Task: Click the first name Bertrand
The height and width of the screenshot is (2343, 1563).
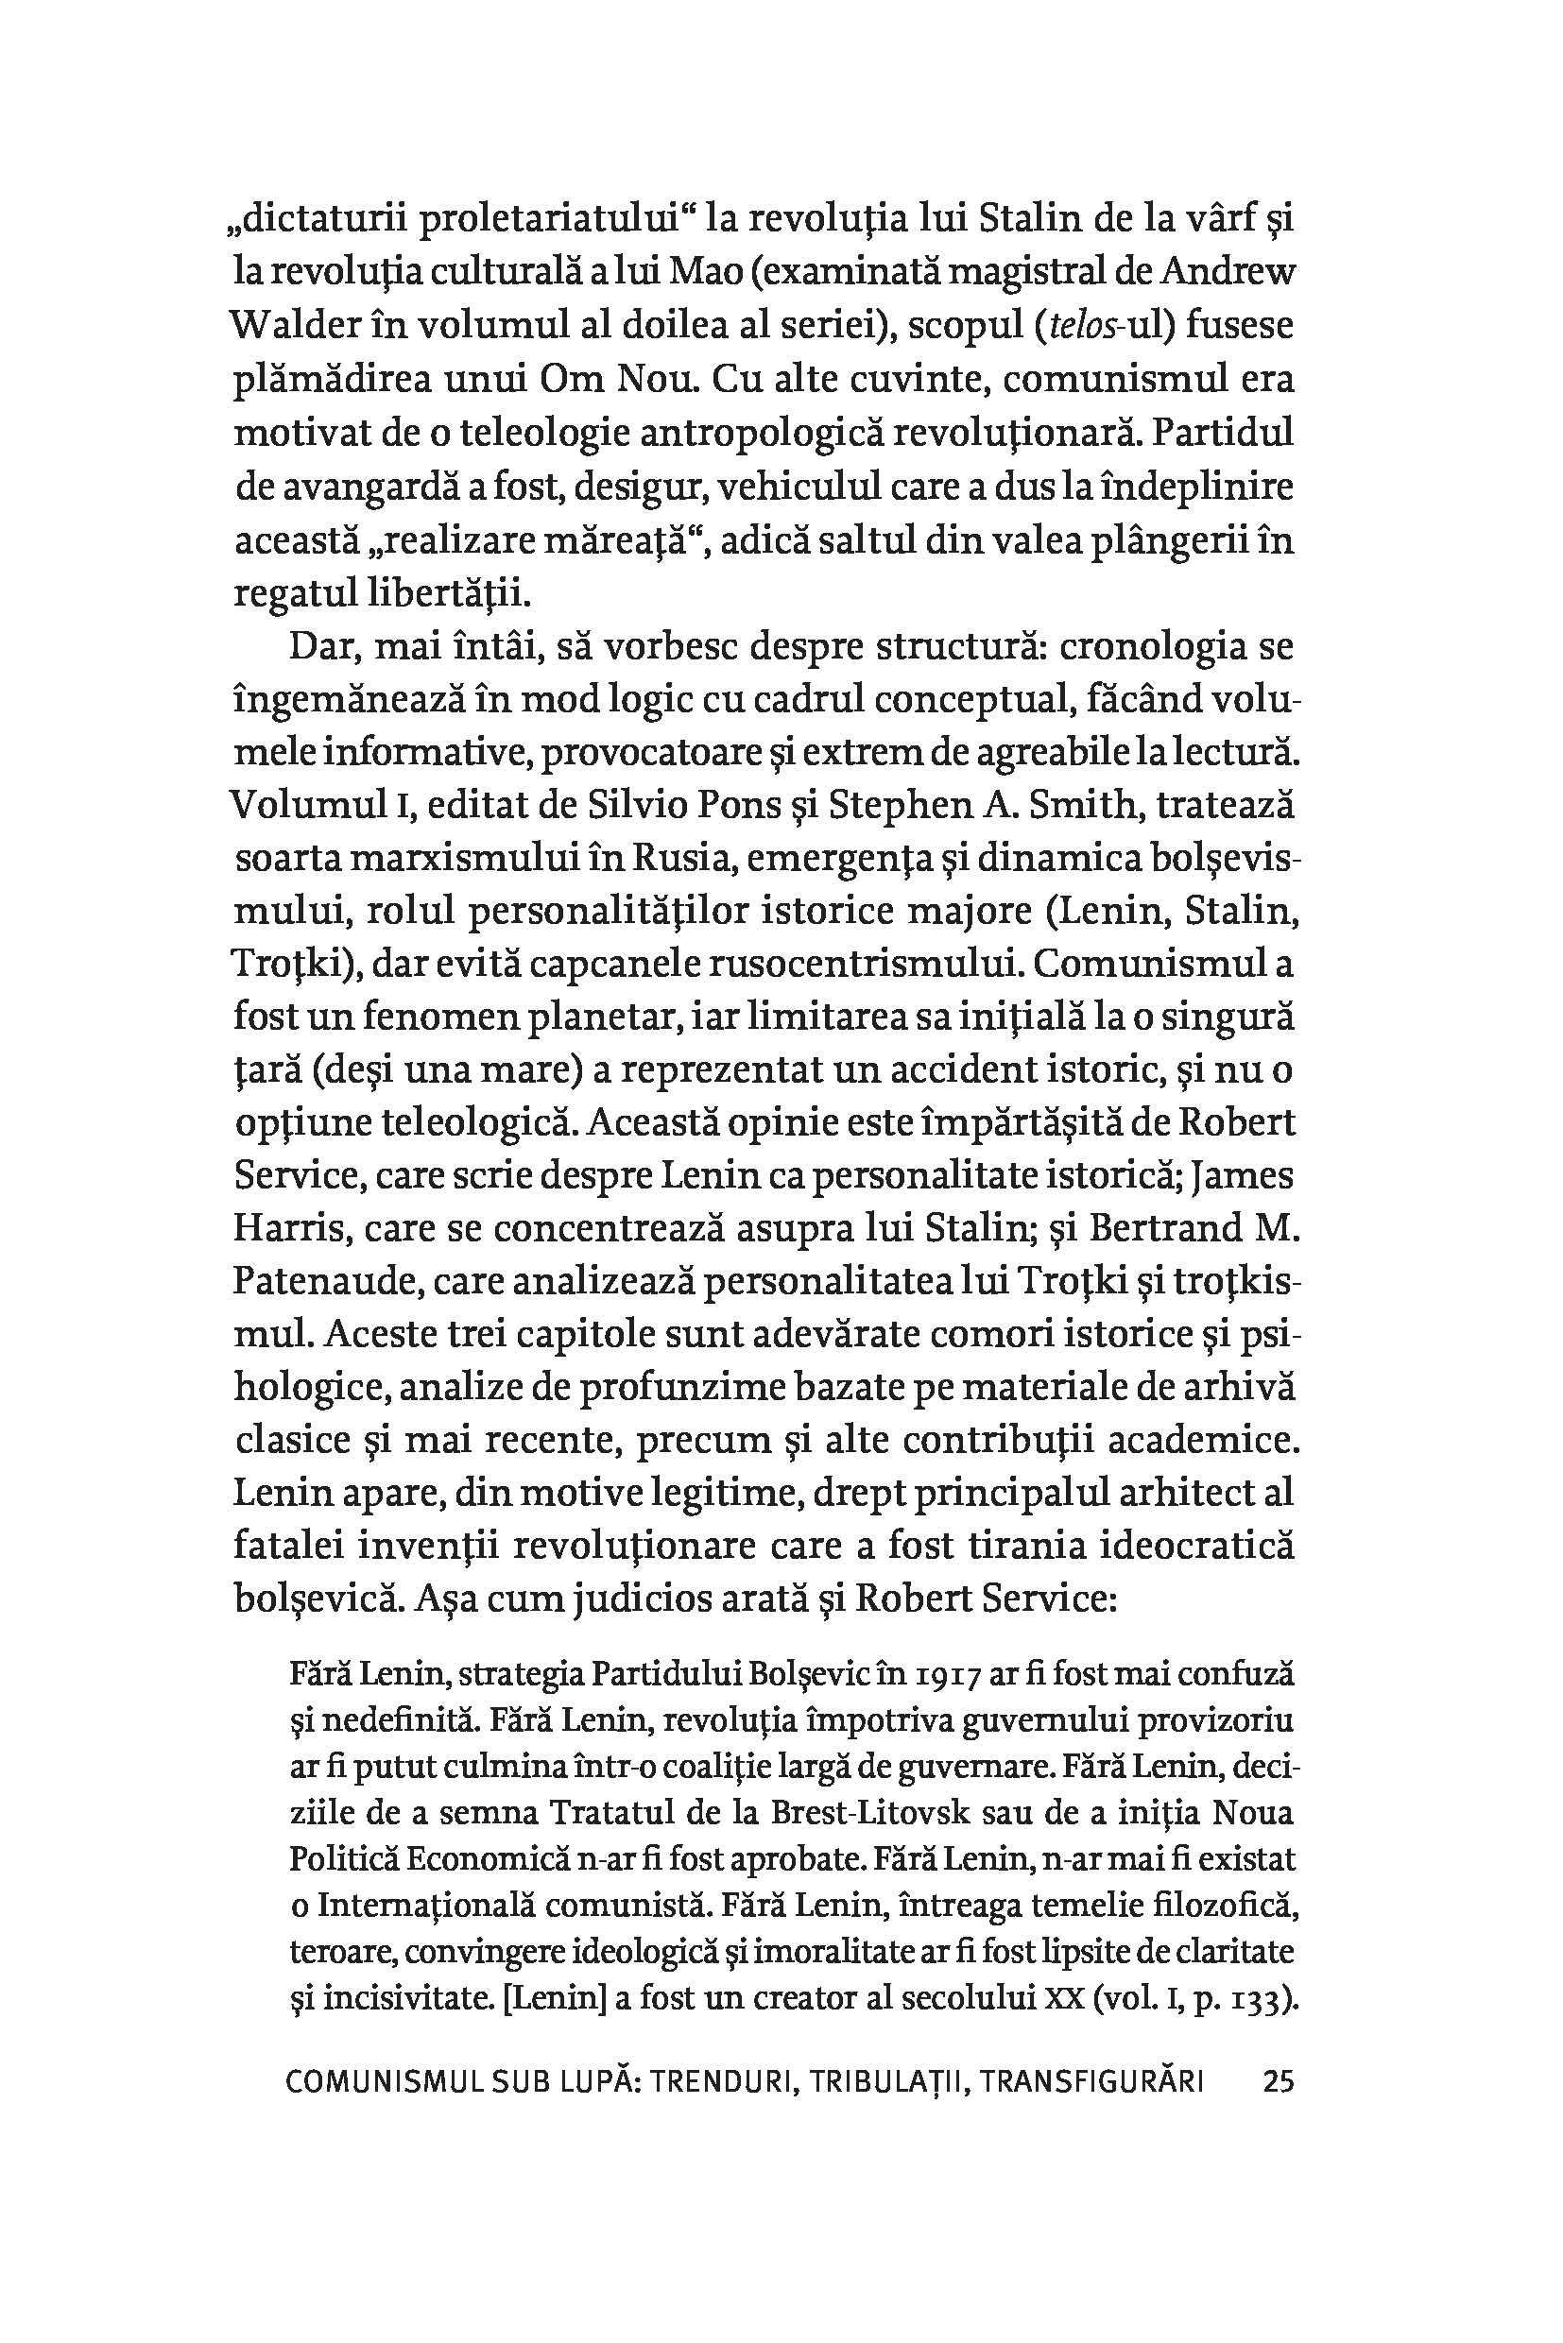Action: (1165, 1229)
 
